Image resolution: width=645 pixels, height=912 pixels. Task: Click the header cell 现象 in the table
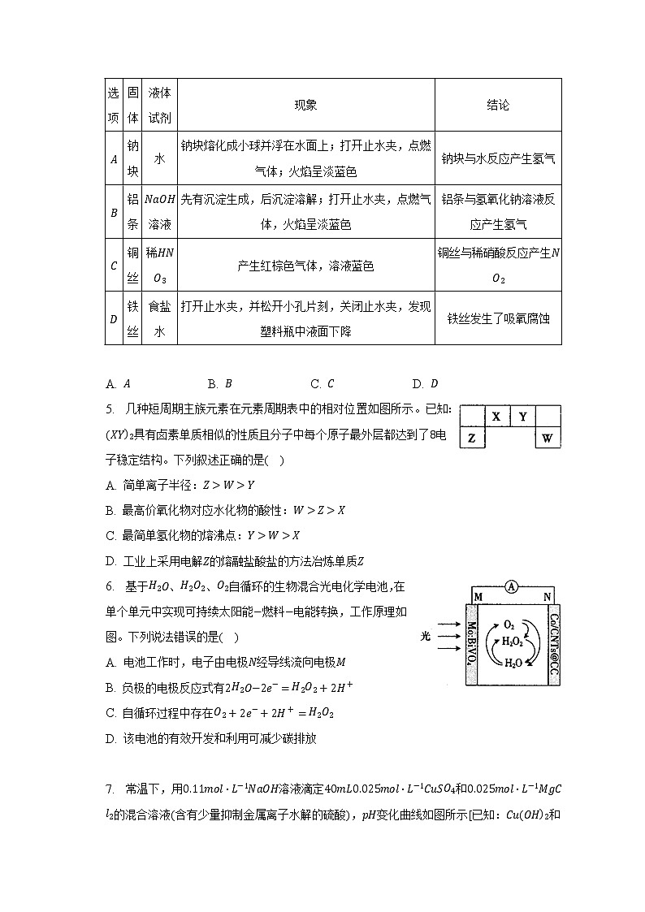[x=305, y=106]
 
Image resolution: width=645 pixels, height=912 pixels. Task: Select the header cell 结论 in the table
[x=498, y=106]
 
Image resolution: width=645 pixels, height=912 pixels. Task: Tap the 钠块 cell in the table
[x=133, y=159]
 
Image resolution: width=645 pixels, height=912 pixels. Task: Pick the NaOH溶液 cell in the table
[x=159, y=212]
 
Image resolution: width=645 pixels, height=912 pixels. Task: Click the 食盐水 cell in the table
[x=159, y=318]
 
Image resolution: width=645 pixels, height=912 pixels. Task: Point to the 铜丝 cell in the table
[x=133, y=266]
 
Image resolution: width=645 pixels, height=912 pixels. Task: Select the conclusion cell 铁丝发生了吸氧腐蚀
[x=498, y=318]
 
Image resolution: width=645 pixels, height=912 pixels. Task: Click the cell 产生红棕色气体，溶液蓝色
[x=305, y=266]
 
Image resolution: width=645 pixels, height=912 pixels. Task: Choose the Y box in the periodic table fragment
[x=523, y=417]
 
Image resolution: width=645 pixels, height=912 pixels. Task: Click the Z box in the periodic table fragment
[x=471, y=439]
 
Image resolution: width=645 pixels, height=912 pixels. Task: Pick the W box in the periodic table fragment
[x=548, y=439]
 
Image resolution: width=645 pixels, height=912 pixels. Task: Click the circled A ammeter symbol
[x=511, y=586]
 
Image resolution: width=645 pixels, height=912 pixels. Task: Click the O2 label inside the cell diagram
[x=509, y=625]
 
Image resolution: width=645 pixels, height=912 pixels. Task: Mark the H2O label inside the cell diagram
[x=513, y=663]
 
